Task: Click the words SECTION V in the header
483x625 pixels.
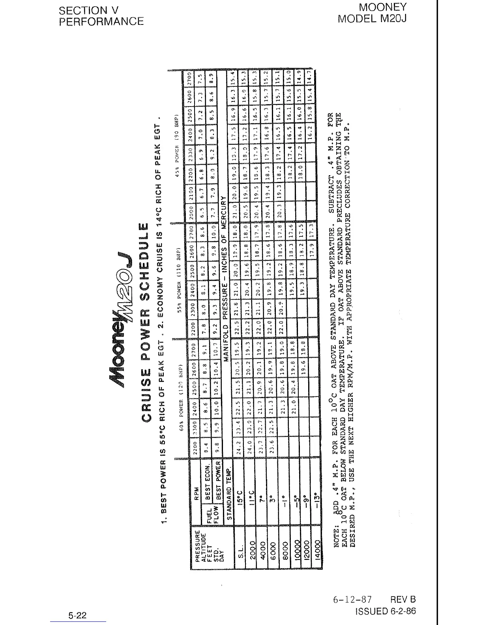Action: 88,10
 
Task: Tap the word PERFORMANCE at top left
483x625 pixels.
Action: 101,21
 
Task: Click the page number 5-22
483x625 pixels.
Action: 77,615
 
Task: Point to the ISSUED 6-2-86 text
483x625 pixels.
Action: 386,611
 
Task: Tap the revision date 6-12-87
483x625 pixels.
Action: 352,600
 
